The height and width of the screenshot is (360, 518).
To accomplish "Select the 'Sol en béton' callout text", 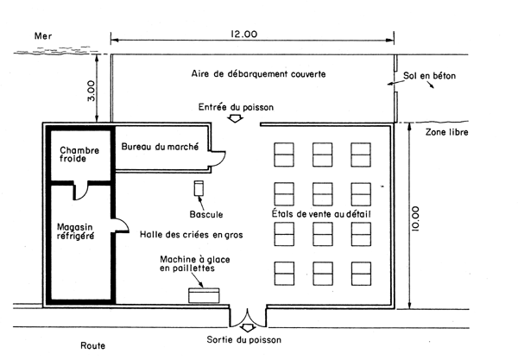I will tap(429, 76).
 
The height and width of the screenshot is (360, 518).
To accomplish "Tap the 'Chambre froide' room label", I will tap(79, 155).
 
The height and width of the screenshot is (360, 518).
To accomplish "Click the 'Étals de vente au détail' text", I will tap(321, 213).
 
